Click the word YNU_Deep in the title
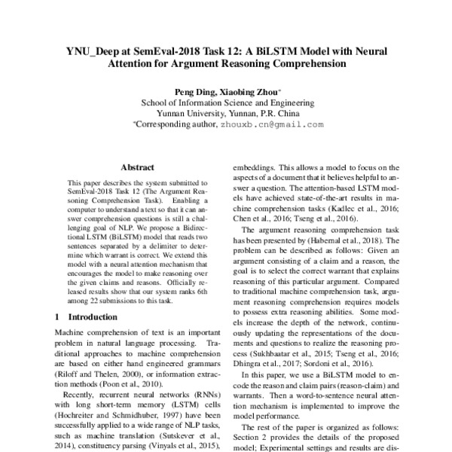pos(93,52)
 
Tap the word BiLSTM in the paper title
pos(295,52)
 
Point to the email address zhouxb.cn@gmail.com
pos(272,126)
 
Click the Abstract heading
pos(138,168)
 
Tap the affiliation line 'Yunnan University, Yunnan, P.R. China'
pos(225,115)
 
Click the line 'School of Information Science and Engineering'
pos(226,103)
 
